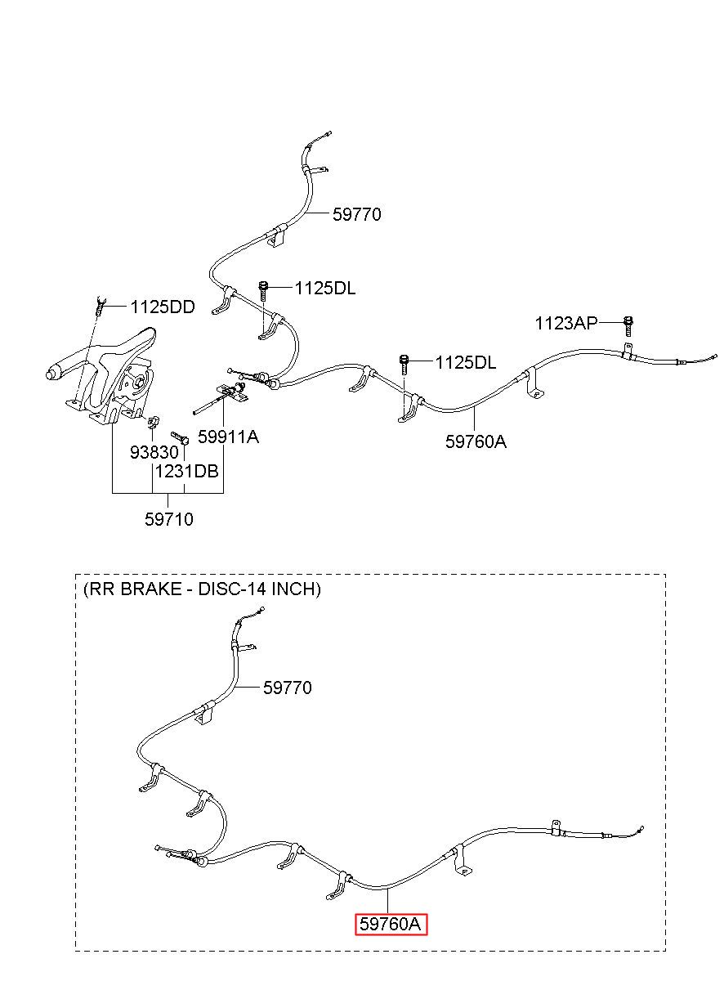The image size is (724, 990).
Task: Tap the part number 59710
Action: coord(169,519)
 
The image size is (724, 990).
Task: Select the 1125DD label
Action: coord(163,307)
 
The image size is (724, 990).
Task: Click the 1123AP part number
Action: coord(565,324)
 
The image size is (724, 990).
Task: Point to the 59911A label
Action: coord(228,437)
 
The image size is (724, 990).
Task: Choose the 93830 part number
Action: coord(154,452)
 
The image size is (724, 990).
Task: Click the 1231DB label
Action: coord(187,472)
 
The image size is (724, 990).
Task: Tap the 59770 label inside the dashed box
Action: coord(288,688)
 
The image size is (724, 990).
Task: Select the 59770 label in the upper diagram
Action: coord(357,214)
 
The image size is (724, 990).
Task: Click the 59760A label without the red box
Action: coord(476,441)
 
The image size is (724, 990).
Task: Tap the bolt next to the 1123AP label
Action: coord(628,326)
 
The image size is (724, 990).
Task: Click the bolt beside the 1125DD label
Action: coord(99,307)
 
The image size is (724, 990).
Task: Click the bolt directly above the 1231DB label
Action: coord(181,437)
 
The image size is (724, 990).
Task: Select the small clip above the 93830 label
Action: coord(153,422)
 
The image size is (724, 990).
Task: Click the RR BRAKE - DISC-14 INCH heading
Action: coord(202,589)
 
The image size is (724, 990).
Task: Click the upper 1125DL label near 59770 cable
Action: coord(325,289)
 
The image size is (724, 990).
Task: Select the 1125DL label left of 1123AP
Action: coord(466,362)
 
